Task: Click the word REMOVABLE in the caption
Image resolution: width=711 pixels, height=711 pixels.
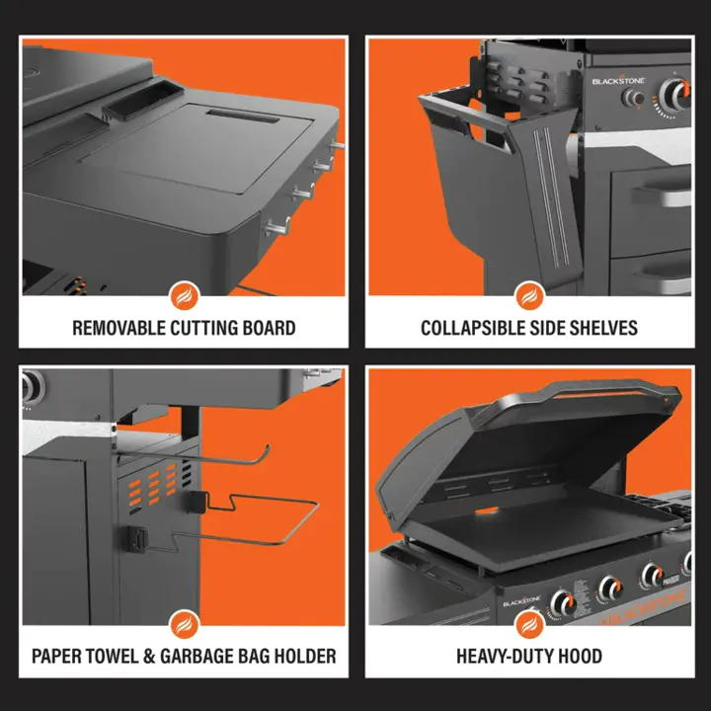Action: click(x=118, y=328)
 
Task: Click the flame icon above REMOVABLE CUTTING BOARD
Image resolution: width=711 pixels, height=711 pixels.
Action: click(x=184, y=296)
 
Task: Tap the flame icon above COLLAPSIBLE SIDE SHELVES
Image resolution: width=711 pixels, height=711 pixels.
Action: click(x=529, y=296)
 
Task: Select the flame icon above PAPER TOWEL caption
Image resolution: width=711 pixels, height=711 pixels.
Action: click(x=184, y=625)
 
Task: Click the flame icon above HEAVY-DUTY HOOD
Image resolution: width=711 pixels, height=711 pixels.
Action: click(x=529, y=625)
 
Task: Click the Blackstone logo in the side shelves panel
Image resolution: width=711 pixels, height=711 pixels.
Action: click(x=618, y=81)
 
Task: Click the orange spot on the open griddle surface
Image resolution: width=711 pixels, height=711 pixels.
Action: click(x=487, y=512)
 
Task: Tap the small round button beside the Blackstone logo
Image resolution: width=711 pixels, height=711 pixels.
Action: click(x=633, y=98)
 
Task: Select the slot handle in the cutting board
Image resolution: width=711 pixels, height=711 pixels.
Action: click(x=243, y=117)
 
